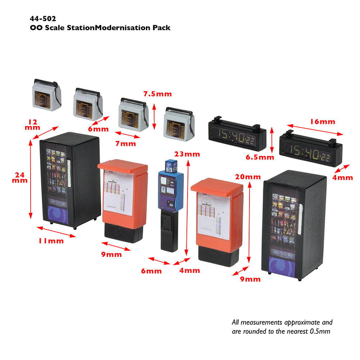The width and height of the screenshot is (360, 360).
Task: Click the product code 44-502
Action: [43, 19]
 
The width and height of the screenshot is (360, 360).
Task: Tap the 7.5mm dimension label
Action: [158, 94]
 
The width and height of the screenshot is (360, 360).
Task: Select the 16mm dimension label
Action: [323, 122]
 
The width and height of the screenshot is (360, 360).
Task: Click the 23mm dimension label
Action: [187, 154]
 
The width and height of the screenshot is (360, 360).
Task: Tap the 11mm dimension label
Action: [51, 241]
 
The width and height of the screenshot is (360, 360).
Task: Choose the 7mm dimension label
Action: [125, 144]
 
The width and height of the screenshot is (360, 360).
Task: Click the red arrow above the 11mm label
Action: [56, 232]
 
